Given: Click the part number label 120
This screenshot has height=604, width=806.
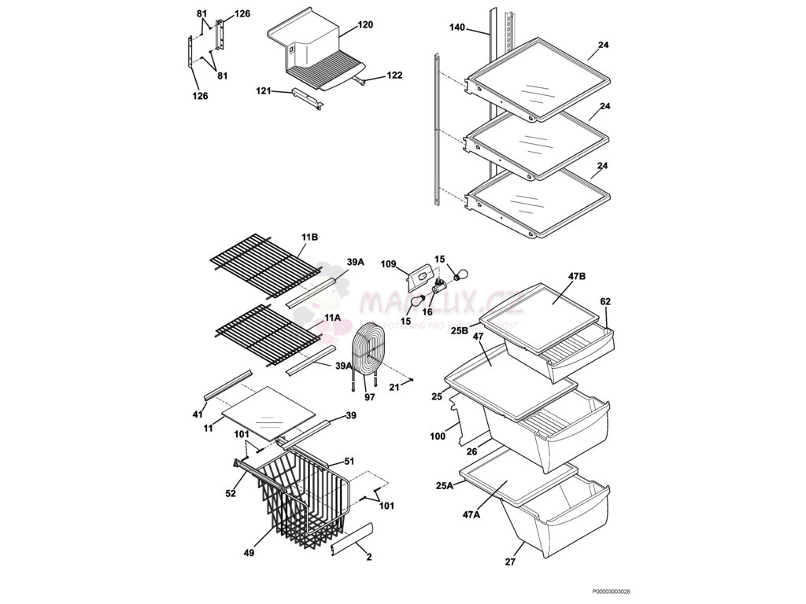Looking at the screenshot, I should [365, 24].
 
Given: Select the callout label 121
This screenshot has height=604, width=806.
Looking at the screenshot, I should [264, 91].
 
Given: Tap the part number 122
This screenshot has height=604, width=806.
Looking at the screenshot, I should [394, 75].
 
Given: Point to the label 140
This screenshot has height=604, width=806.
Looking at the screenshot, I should [457, 28].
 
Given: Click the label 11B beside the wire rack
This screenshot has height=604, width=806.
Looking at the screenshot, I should [309, 236].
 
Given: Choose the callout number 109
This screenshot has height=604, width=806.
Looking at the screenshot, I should [389, 263].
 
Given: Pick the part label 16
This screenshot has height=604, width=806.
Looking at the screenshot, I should [427, 311].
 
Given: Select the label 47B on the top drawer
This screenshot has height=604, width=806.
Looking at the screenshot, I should [577, 277].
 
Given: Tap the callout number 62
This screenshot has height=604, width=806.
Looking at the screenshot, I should [605, 301].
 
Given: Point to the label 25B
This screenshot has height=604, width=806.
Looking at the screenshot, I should [460, 330].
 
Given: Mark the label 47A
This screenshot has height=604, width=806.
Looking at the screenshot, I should [471, 514].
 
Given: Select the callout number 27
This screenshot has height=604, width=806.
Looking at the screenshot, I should [509, 562].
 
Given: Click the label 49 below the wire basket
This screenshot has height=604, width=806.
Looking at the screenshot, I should [249, 553].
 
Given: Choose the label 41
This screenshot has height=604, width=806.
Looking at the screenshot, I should [198, 414].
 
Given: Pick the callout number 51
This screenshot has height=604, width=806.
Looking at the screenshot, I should [349, 462].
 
